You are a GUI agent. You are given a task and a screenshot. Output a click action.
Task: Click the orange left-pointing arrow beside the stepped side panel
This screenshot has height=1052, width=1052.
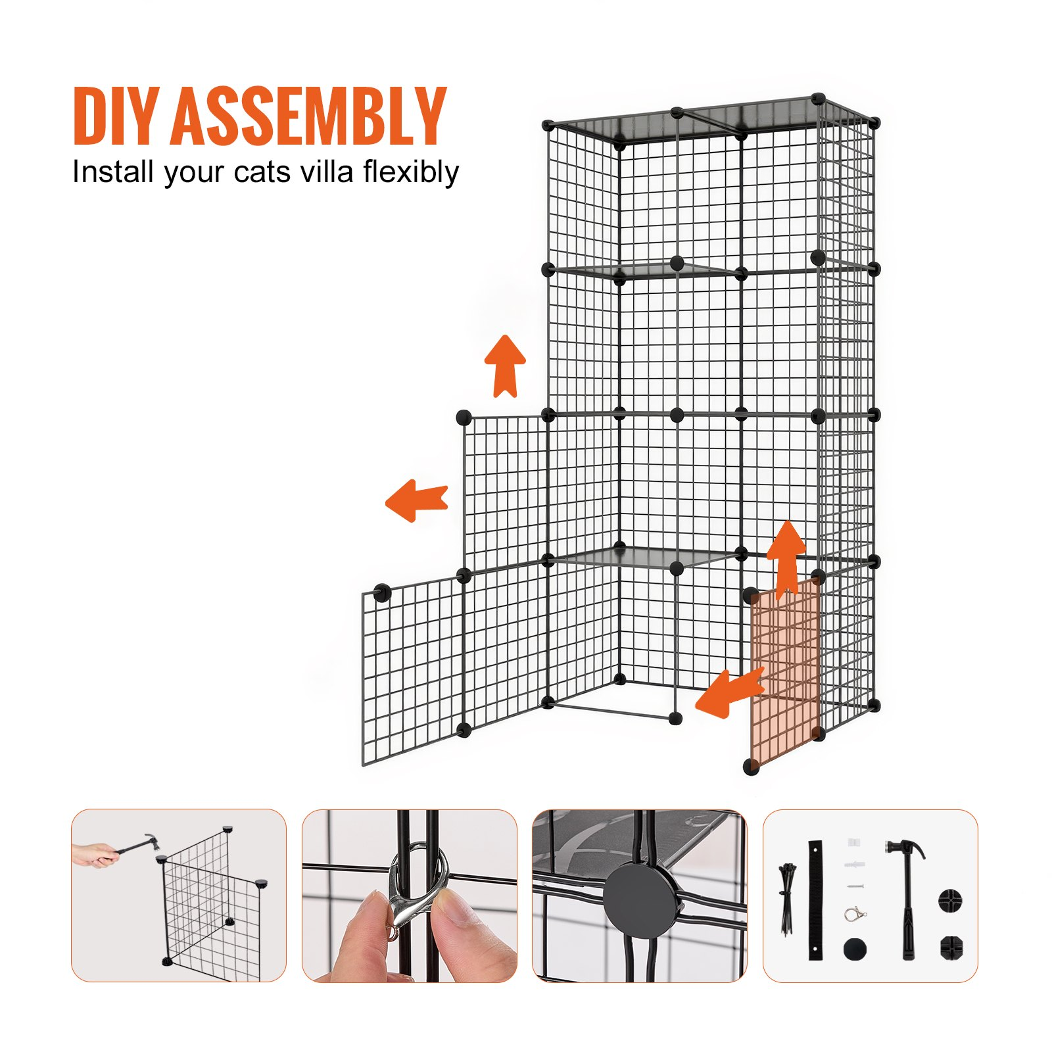pos(416,500)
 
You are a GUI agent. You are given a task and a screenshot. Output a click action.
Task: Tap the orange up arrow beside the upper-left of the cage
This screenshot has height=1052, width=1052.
pos(505,366)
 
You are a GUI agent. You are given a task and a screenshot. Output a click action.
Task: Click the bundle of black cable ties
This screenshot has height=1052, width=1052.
pos(786,899)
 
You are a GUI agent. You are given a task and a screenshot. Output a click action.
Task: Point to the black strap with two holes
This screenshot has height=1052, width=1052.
pos(816,899)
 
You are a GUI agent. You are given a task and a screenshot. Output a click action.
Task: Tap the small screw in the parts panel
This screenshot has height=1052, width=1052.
pos(854,887)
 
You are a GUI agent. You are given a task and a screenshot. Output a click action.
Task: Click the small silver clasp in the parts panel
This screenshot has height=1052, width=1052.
pos(855,914)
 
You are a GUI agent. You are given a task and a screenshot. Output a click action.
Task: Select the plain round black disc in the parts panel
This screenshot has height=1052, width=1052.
pos(855,949)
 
